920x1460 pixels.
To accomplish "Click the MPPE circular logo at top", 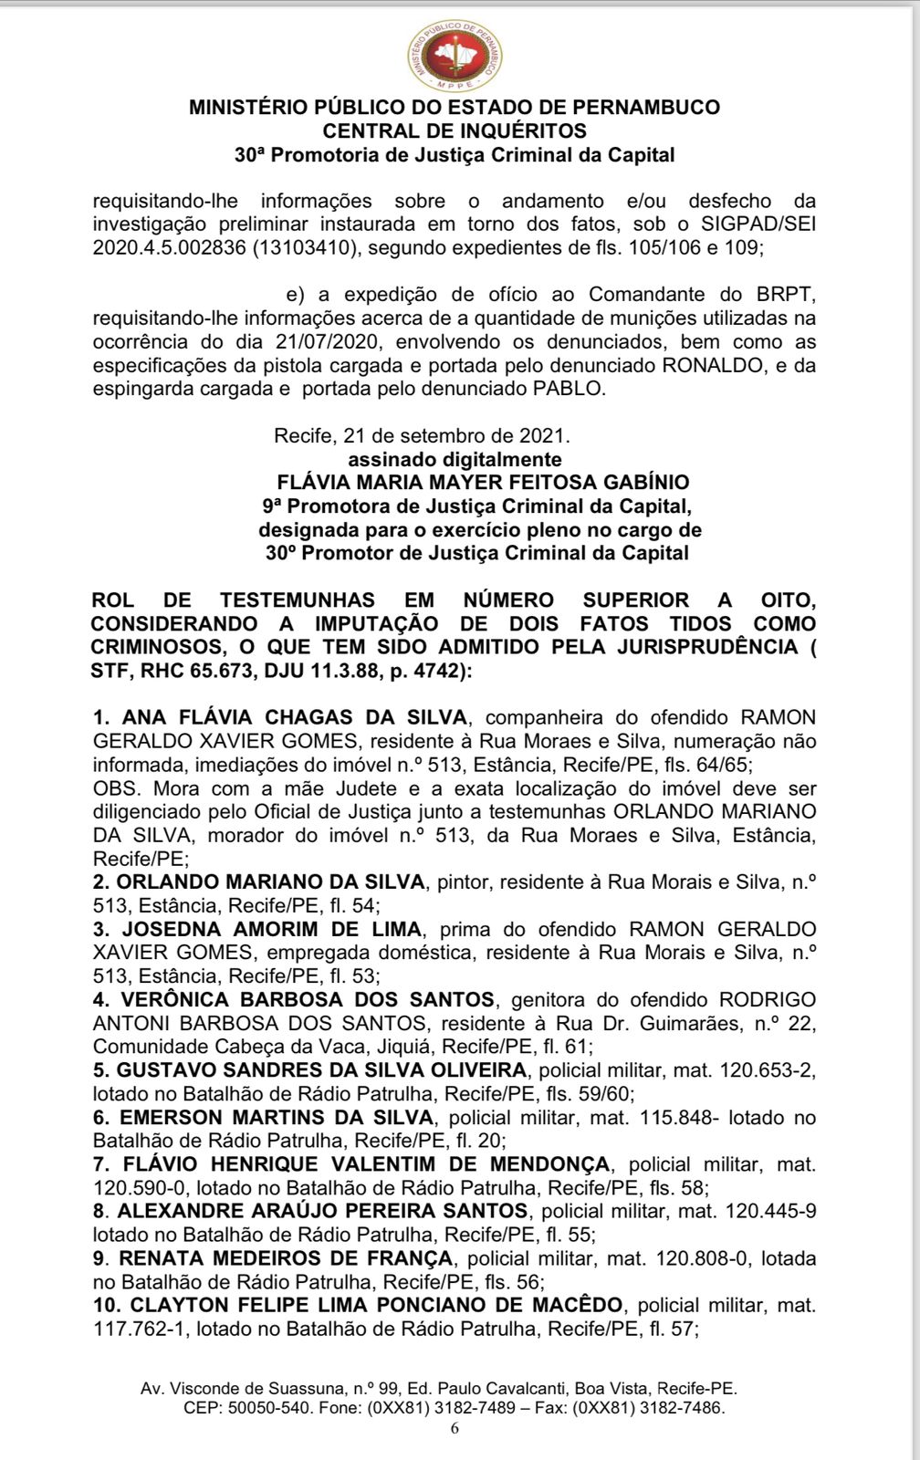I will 455,57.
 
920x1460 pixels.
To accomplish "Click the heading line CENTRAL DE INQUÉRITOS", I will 455,130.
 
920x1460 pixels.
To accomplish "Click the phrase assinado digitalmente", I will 455,459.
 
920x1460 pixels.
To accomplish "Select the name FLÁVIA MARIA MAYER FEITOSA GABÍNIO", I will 483,482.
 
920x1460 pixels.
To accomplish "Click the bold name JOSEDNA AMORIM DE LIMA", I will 272,929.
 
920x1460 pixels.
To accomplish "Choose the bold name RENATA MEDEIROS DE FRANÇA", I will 285,1258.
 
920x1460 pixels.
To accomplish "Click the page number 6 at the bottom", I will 455,1429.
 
